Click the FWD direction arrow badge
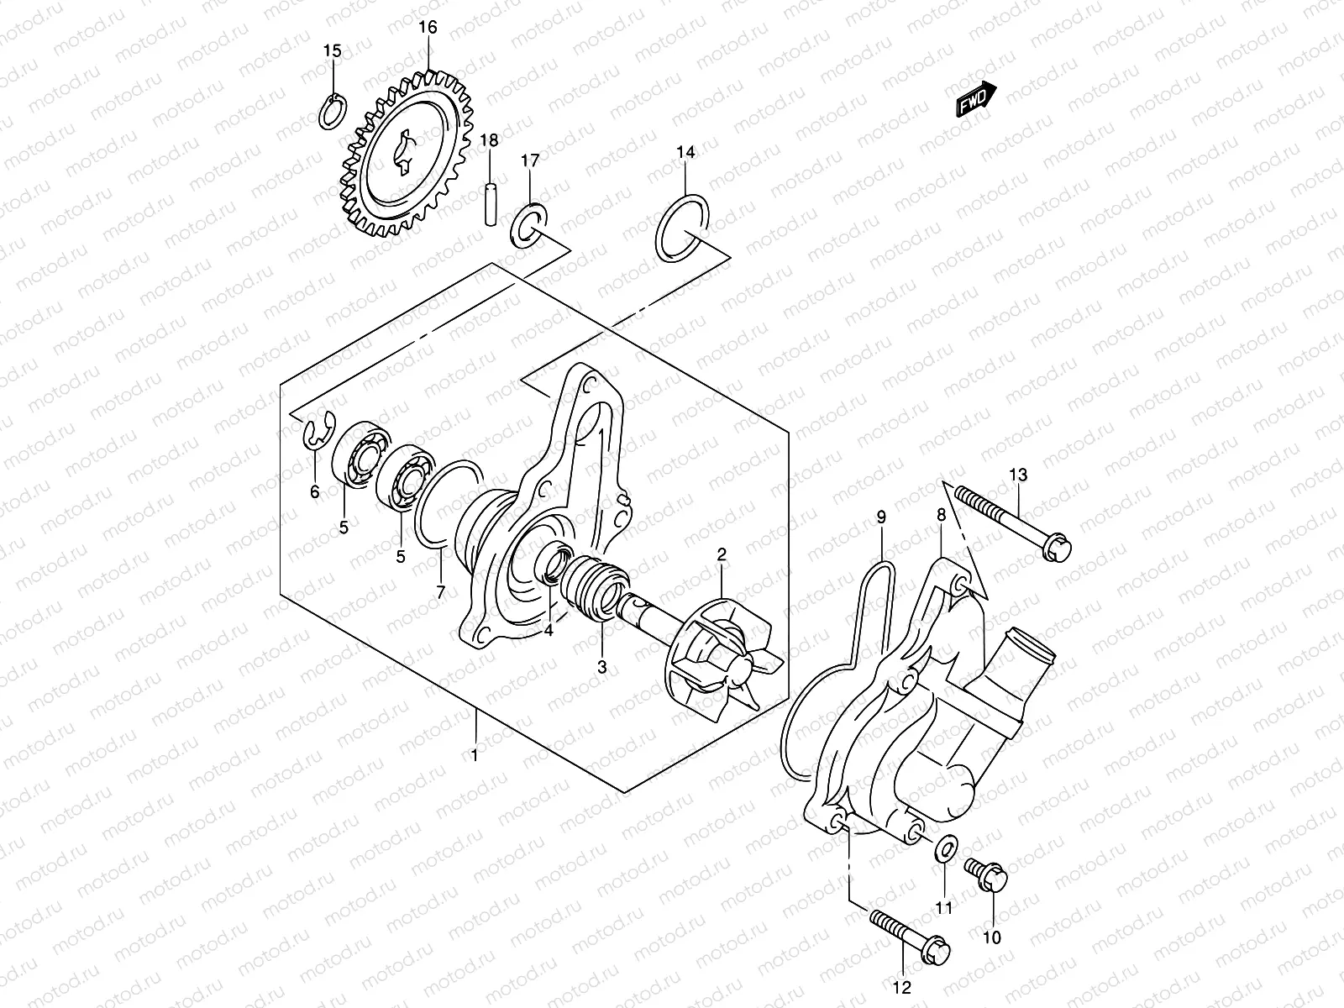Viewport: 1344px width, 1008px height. coord(975,99)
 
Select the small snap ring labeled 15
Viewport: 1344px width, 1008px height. coord(333,111)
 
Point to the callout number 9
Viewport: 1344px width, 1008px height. coord(881,518)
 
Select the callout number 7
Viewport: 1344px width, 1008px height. coord(439,593)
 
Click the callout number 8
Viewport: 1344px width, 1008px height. coord(942,515)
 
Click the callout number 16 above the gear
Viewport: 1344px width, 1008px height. coord(428,27)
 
